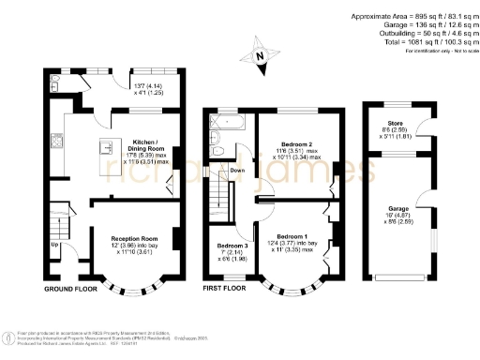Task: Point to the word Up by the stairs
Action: pyautogui.click(x=54, y=246)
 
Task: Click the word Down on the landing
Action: pyautogui.click(x=238, y=171)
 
